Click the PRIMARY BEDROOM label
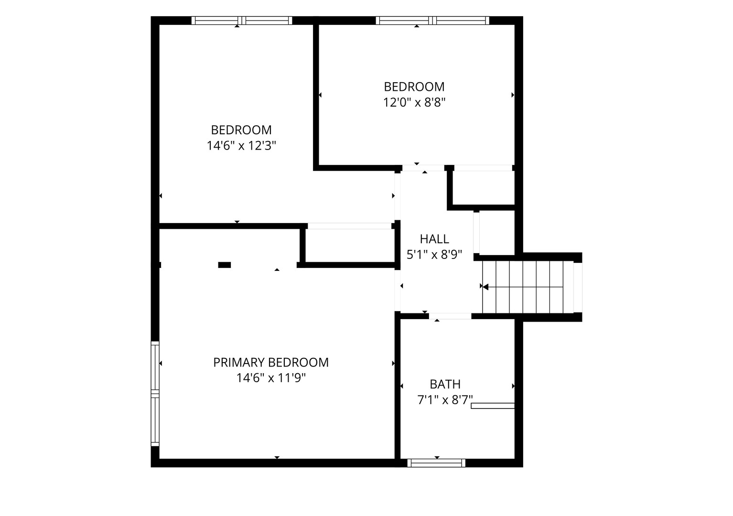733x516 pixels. coord(270,362)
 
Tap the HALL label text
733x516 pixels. coord(434,239)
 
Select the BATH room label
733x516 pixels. coord(445,384)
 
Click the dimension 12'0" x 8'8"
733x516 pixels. coord(414,102)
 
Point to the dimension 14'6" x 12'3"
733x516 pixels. coord(241,146)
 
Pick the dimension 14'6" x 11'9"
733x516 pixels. coord(271,378)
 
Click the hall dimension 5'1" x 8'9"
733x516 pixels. coord(434,254)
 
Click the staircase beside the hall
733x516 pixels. coord(528,287)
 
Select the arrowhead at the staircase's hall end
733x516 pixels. coord(485,287)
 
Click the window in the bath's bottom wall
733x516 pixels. coord(436,462)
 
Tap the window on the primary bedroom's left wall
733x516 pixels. coord(155,394)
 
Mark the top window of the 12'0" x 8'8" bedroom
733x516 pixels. coord(432,20)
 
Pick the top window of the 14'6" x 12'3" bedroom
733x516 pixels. coord(241,20)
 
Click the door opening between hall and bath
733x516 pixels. coord(450,316)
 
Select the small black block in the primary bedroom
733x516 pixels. coord(225,265)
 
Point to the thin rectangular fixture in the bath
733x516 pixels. coord(493,406)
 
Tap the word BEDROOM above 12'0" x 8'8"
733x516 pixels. coord(414,86)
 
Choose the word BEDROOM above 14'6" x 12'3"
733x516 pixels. coord(241,130)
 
